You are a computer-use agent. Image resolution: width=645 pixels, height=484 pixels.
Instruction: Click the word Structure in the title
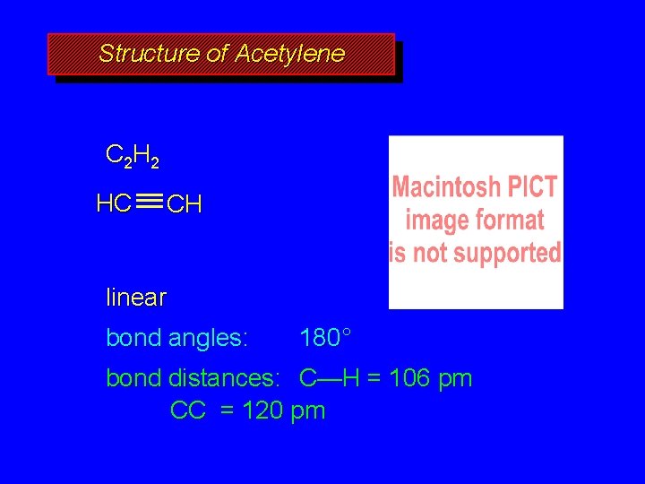pos(149,54)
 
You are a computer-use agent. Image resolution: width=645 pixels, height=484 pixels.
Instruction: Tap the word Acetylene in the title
pos(289,54)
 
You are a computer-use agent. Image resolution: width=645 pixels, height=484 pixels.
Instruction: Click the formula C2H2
pos(133,157)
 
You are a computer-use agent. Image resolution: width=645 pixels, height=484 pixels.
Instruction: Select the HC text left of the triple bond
pos(114,203)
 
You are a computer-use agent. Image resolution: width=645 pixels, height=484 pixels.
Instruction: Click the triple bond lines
pos(150,203)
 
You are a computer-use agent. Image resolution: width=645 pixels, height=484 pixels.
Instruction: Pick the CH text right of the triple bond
pos(185,205)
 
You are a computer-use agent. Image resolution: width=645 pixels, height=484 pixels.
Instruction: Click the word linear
pos(136,297)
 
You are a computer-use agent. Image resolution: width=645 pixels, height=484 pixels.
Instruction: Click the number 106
pos(408,378)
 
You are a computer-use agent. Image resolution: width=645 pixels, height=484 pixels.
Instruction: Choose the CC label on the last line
pos(188,411)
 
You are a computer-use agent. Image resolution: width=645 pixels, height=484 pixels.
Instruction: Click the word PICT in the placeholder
pos(536,188)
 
